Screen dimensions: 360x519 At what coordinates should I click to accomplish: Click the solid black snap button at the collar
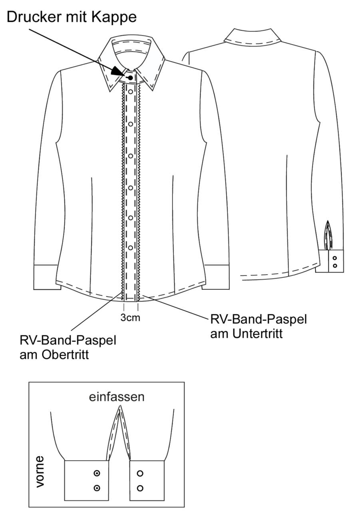pyautogui.click(x=131, y=78)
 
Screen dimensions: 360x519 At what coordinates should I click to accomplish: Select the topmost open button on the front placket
pyautogui.click(x=131, y=92)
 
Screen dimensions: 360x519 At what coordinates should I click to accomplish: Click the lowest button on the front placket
pyautogui.click(x=131, y=248)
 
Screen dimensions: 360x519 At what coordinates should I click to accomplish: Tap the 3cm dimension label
pyautogui.click(x=130, y=318)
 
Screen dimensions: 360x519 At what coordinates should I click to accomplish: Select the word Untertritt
pyautogui.click(x=258, y=334)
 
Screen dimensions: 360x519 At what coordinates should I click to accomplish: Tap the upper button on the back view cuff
pyautogui.click(x=335, y=258)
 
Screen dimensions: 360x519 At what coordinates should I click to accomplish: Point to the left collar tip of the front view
pyautogui.click(x=109, y=91)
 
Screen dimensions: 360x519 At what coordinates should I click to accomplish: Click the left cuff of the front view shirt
pyautogui.click(x=46, y=277)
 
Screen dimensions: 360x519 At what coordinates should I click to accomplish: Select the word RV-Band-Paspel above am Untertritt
pyautogui.click(x=259, y=319)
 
